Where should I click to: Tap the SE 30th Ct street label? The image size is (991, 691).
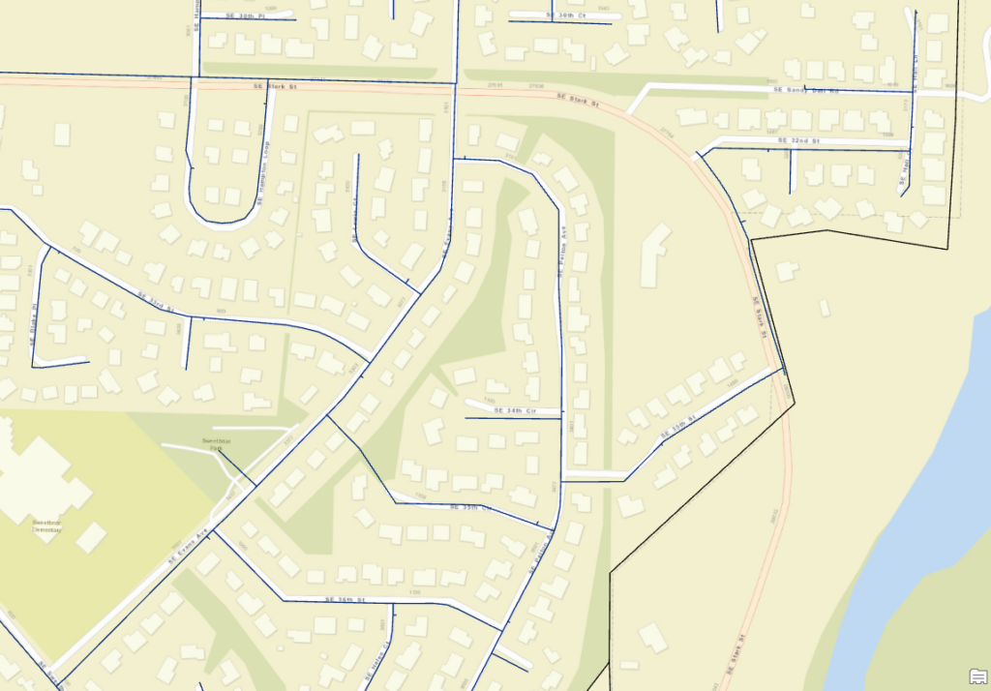coord(567,15)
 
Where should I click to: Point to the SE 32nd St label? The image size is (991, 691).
coord(798,140)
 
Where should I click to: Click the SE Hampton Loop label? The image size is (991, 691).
coord(265,174)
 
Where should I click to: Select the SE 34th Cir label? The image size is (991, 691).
coord(514,410)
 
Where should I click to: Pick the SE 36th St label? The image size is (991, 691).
coord(344,599)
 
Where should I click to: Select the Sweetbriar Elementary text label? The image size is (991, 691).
coord(47,526)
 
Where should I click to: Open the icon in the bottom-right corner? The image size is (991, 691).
coord(976,676)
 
